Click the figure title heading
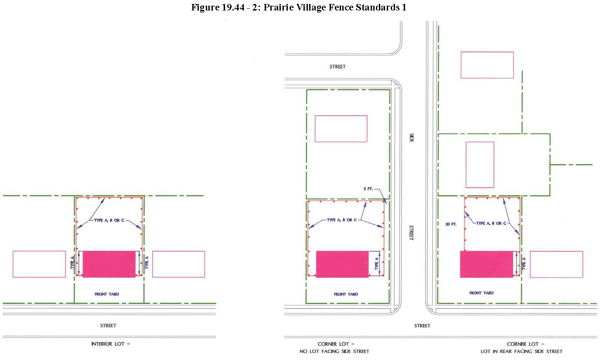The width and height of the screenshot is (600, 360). tap(299, 7)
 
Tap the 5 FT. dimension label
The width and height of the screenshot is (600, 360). tap(368, 189)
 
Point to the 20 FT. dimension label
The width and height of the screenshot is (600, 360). tap(451, 224)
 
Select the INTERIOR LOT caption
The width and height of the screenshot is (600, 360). tap(110, 344)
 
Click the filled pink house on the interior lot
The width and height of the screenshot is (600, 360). tap(109, 264)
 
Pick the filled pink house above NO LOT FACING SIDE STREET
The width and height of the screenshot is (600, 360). tap(342, 264)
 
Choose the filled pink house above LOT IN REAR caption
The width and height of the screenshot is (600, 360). tap(487, 264)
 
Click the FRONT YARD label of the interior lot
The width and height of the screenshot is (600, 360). tap(107, 294)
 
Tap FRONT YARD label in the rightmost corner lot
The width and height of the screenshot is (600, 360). tap(481, 293)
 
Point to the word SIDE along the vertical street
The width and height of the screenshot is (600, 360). tap(412, 138)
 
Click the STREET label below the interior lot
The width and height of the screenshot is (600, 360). tap(108, 326)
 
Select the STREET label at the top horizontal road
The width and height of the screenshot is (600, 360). tap(337, 67)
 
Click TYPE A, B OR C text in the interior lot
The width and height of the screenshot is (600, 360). tap(109, 220)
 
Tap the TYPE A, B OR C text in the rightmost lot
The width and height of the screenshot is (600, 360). tap(491, 223)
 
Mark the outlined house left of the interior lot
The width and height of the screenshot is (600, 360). tap(39, 264)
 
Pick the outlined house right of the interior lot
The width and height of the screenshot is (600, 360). tap(179, 264)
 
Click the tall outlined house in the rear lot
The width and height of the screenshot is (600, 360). tap(480, 165)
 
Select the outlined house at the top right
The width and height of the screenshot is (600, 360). tap(487, 65)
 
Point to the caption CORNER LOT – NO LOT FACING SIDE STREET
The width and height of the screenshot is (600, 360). tap(334, 348)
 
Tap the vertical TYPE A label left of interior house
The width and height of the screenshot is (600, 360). tap(72, 262)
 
